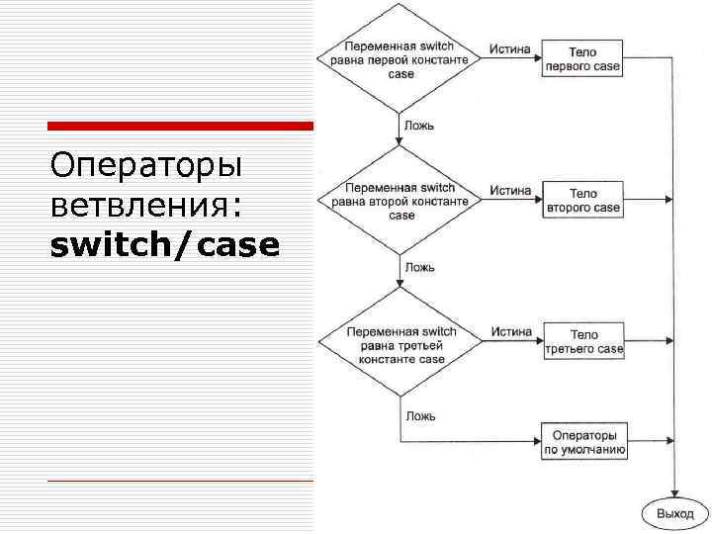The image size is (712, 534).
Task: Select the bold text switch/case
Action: coord(164,245)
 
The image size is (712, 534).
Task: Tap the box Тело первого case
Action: coord(582,59)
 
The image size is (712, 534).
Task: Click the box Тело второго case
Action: coord(582,201)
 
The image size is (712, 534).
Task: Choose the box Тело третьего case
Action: coord(583,342)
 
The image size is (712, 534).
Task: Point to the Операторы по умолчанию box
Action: coord(583,441)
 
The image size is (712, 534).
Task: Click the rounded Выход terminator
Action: coord(674,513)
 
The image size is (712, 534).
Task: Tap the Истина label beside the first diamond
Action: coord(510,49)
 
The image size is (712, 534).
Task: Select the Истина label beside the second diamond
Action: coord(510,191)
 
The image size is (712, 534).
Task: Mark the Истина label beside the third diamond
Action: coord(510,332)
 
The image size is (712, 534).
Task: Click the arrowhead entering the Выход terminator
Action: coord(674,495)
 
